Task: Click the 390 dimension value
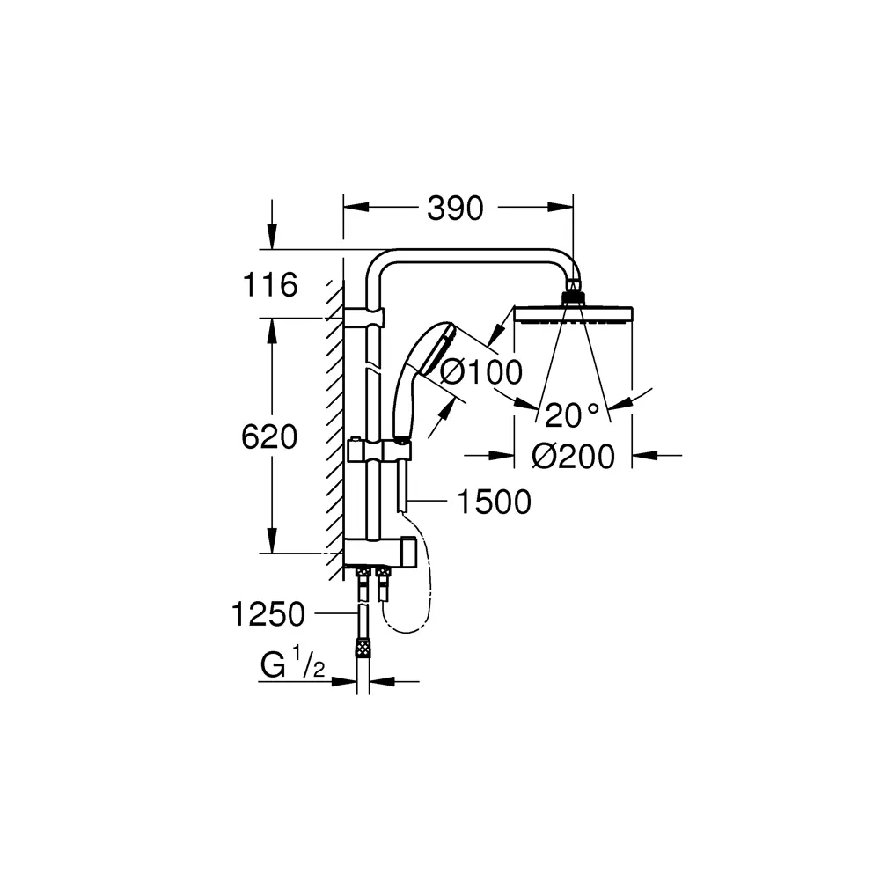click(455, 209)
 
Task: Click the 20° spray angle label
click(572, 414)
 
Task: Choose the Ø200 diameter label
click(574, 456)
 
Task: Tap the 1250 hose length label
click(268, 612)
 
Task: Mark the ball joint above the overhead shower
click(573, 291)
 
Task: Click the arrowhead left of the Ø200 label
click(502, 455)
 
